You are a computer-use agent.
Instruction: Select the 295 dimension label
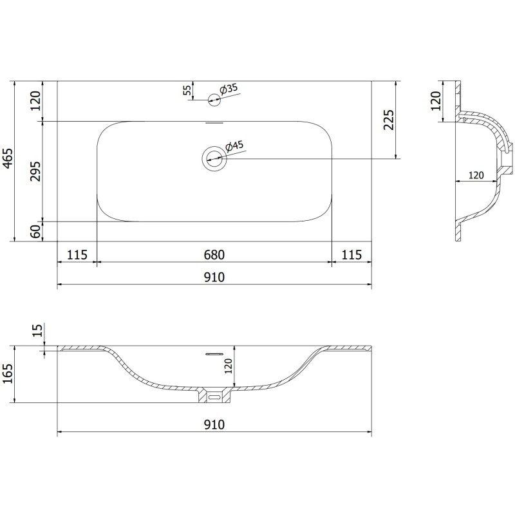click(x=35, y=171)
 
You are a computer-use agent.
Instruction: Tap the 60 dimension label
click(x=35, y=231)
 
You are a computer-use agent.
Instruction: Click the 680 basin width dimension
click(x=214, y=255)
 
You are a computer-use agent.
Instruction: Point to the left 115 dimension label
click(x=77, y=255)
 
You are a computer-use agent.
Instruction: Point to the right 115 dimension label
click(x=351, y=255)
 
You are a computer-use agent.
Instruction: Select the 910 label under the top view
click(x=214, y=277)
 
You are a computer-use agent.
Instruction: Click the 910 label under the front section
click(x=214, y=425)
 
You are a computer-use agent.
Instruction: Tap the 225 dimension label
click(x=388, y=119)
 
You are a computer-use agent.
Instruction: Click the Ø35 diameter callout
click(x=229, y=89)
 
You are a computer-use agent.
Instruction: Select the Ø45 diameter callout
click(x=235, y=146)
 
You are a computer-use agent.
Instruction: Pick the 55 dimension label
click(x=187, y=91)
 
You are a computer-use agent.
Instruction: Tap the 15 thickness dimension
click(x=37, y=331)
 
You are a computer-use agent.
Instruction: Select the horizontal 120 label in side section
click(x=476, y=175)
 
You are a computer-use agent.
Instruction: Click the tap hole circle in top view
click(x=214, y=98)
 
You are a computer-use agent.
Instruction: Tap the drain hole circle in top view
click(x=214, y=158)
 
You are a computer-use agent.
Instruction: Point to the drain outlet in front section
click(x=215, y=397)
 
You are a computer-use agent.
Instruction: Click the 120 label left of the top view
click(x=35, y=101)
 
